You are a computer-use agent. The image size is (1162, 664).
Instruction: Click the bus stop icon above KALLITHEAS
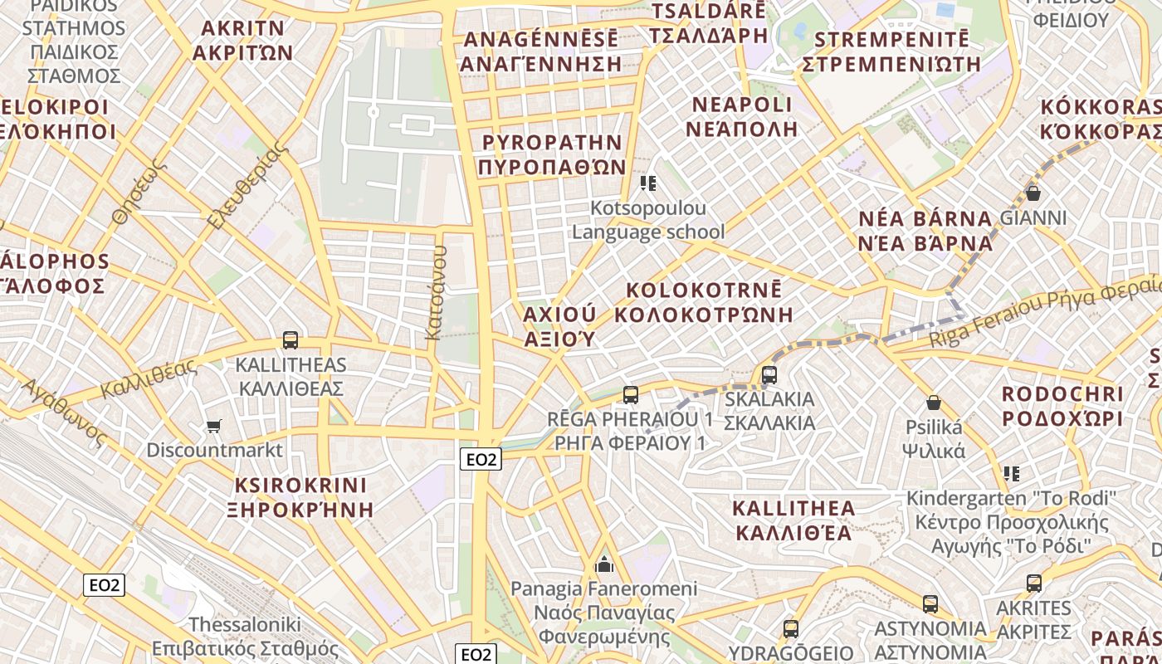point(290,340)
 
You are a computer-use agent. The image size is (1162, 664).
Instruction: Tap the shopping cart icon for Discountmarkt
point(214,427)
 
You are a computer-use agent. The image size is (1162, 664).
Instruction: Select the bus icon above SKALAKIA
point(769,375)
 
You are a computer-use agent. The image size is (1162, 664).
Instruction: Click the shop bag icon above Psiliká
point(934,403)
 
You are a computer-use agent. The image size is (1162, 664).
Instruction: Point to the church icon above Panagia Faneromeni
point(604,564)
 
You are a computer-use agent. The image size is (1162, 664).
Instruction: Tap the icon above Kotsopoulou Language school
point(648,183)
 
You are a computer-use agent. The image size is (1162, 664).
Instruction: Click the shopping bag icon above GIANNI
point(1033,193)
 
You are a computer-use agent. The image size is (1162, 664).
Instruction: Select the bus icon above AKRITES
point(1033,583)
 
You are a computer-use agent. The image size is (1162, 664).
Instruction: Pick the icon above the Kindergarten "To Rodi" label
point(1011,474)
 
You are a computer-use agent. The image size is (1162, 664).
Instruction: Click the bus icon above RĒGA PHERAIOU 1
point(631,395)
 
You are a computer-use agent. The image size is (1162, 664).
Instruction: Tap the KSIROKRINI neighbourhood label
point(300,496)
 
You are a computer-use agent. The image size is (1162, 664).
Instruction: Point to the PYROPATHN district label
point(552,154)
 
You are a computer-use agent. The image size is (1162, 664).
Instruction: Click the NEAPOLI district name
point(742,116)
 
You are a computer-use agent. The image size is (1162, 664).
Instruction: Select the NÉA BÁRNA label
point(925,231)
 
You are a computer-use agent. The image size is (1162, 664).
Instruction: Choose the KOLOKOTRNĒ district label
point(704,302)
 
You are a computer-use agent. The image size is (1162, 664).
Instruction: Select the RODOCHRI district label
point(1062,406)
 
